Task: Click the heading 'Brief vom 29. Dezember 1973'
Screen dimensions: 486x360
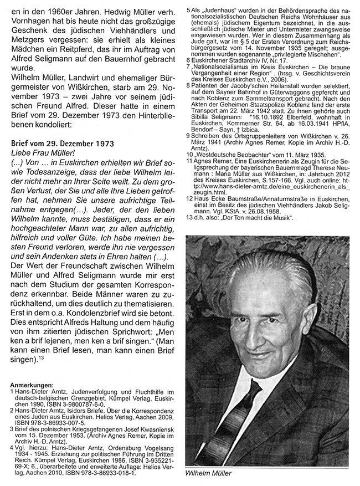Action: coord(64,144)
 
